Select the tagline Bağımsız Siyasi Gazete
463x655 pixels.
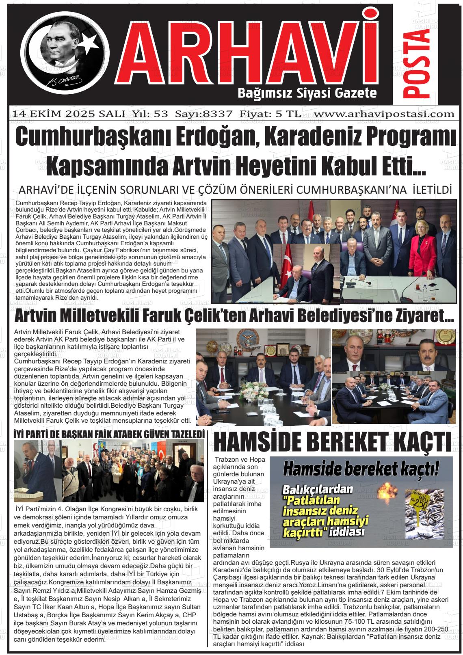click(x=307, y=94)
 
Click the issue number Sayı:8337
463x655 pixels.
click(x=203, y=114)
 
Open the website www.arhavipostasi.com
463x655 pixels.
click(x=384, y=114)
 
